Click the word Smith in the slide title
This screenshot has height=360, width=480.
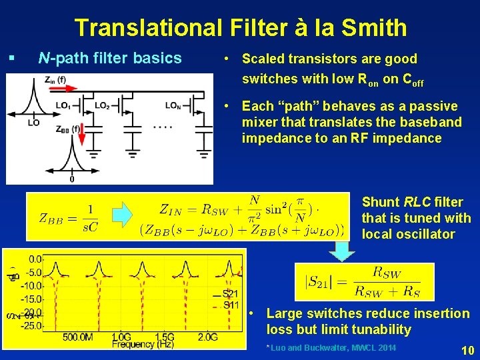pyautogui.click(x=373, y=28)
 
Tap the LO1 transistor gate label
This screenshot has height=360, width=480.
pyautogui.click(x=63, y=105)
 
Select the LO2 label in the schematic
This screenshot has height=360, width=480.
pyautogui.click(x=102, y=105)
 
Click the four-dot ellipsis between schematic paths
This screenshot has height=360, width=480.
pyautogui.click(x=163, y=126)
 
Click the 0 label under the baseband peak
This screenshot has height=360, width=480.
pyautogui.click(x=71, y=179)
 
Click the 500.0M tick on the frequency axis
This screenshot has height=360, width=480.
pyautogui.click(x=78, y=337)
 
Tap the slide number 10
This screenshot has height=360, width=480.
pyautogui.click(x=467, y=349)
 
